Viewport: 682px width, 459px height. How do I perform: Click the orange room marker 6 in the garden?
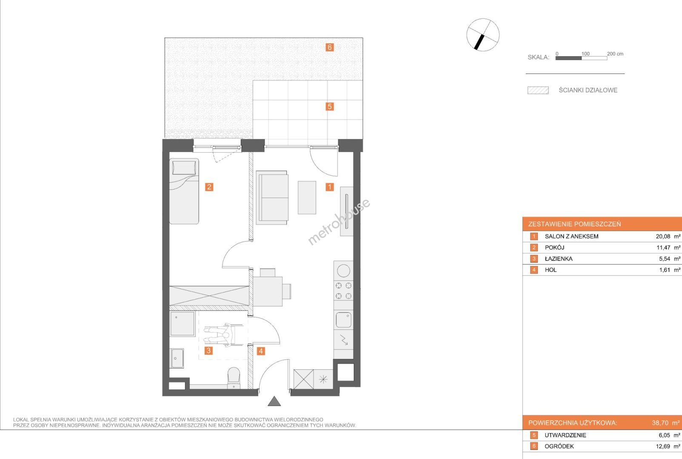329,47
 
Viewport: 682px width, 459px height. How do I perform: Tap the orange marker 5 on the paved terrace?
329,106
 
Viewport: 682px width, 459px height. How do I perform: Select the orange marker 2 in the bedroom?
209,187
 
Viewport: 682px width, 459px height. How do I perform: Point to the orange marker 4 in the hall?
261,351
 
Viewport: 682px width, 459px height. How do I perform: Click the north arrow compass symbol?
483,35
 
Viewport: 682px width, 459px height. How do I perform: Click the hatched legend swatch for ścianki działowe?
538,91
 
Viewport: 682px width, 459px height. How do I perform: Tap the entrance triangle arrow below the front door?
274,401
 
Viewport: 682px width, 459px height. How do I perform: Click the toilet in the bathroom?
234,378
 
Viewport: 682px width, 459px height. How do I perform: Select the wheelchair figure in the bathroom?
224,335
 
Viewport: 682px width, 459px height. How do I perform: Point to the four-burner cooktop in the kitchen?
343,290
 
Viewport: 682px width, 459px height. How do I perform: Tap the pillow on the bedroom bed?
184,167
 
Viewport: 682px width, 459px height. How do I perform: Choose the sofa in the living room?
272,197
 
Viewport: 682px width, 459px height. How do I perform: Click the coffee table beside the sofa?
307,197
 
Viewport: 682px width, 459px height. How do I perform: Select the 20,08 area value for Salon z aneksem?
663,236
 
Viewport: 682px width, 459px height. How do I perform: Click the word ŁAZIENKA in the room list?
559,259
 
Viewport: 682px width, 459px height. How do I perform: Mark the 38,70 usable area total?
660,423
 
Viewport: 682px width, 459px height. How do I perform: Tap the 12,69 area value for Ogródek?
663,447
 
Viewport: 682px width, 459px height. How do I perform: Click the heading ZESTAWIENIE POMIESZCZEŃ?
574,224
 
